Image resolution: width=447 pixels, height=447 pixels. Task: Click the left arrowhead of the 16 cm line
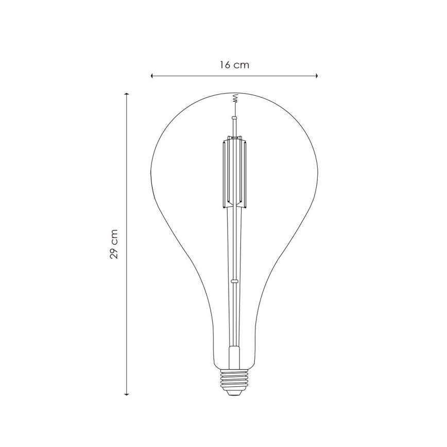coord(152,76)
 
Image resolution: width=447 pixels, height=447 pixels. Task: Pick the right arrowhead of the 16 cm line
coord(316,76)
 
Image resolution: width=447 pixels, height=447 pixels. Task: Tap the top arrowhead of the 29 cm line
coord(127,95)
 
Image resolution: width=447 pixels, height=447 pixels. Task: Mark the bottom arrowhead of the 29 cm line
coord(127,393)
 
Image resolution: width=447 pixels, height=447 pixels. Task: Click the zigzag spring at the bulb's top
coord(234,98)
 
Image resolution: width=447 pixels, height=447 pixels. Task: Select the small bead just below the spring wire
coord(234,118)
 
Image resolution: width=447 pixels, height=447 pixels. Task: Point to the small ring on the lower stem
coord(234,281)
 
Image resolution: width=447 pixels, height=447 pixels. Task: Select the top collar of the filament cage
coord(234,138)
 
